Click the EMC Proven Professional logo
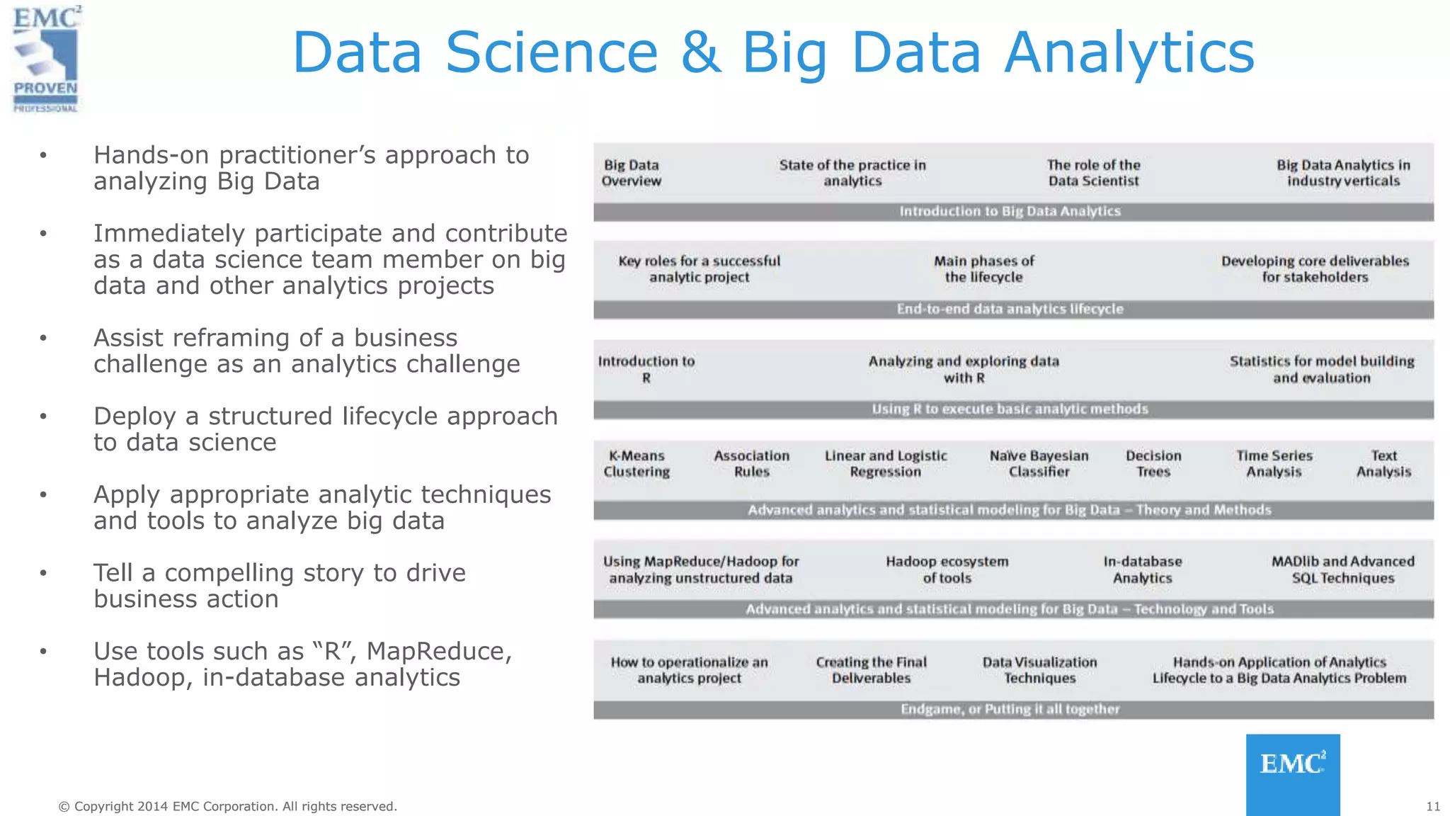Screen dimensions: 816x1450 46,59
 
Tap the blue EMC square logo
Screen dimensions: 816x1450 1292,773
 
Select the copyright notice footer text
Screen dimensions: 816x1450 227,806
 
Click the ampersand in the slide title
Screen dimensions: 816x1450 700,52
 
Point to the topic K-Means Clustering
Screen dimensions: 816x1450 636,464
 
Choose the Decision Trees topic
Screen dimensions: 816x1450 1153,464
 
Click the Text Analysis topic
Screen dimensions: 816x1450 1383,464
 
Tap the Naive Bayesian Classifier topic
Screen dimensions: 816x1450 1039,464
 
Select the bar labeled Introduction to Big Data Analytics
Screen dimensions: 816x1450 1010,211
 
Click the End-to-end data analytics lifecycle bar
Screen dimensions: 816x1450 1010,309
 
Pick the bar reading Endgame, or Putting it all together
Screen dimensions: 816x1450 1010,709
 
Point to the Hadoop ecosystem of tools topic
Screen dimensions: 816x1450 947,569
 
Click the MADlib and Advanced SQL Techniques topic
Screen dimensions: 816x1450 1342,569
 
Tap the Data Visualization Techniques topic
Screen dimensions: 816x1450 1039,670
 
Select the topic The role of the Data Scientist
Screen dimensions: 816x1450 1093,173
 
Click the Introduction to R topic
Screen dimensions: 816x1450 646,369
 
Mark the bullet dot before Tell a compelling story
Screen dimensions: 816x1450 43,573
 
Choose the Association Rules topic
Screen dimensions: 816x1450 751,464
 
